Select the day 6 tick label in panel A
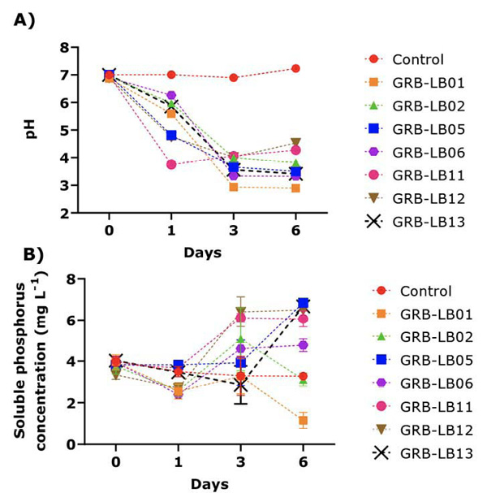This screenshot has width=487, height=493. tap(296, 228)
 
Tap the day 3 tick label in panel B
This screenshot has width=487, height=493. tap(241, 461)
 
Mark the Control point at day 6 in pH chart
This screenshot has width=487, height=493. tap(296, 68)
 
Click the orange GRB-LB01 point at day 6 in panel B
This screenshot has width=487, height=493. tap(302, 421)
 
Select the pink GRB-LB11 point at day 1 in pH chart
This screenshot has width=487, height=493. tap(171, 164)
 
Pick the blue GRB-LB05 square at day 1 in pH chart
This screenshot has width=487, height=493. tap(171, 135)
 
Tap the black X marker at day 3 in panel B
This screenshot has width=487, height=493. tap(241, 386)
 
